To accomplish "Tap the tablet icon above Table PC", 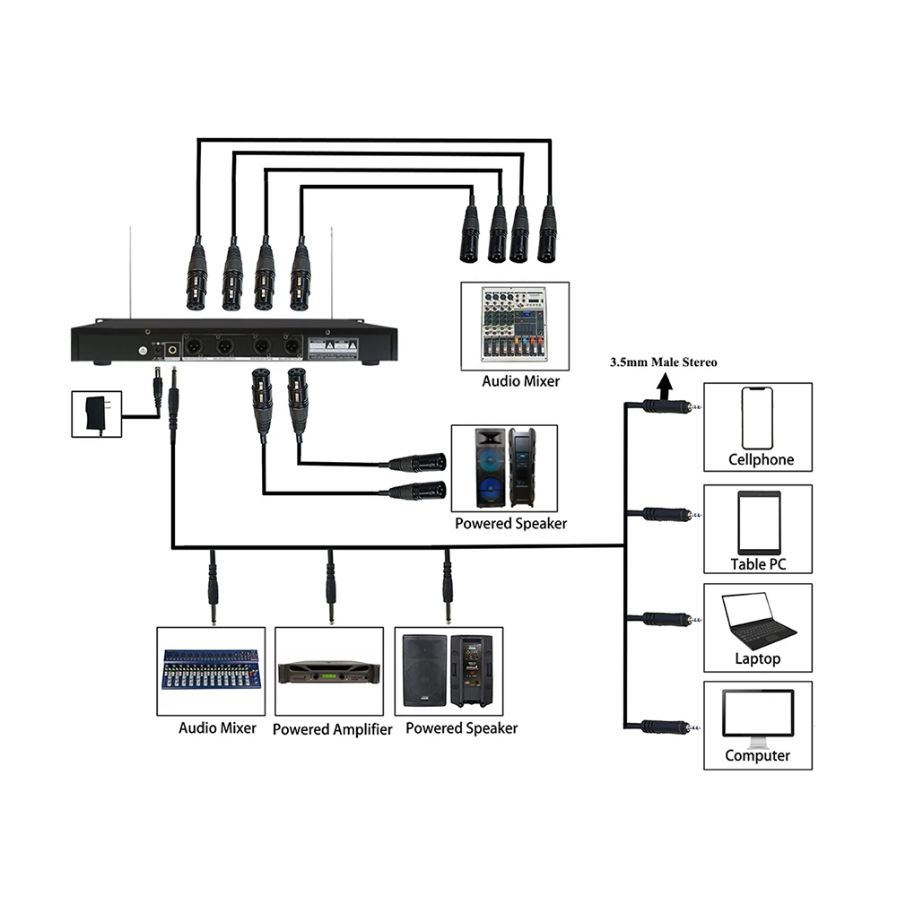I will pos(758,521).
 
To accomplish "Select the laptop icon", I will pos(759,622).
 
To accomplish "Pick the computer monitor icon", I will pos(758,718).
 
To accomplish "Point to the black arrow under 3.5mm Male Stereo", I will pos(665,386).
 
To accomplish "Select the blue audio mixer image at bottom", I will pos(211,669).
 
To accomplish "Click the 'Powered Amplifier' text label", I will pos(332,729).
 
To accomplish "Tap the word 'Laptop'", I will pos(758,659).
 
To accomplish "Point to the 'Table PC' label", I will pos(758,564).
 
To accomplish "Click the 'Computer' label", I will pos(758,755).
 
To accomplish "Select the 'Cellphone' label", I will pos(761,460).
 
